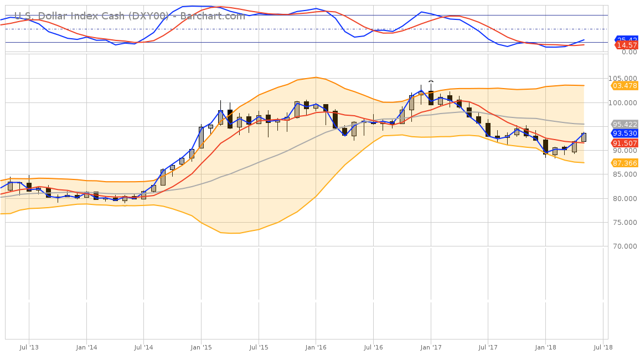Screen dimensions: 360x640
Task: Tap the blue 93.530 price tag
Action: point(624,133)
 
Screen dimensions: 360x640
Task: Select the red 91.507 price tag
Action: point(624,143)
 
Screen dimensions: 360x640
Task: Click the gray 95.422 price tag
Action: point(624,124)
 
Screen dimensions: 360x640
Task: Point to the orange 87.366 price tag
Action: point(624,163)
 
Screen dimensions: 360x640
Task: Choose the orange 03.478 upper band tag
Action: point(624,85)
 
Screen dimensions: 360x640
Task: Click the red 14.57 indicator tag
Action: point(627,45)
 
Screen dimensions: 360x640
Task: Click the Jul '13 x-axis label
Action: point(29,347)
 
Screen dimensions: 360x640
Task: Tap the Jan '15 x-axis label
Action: point(201,347)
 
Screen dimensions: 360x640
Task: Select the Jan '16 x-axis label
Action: point(316,347)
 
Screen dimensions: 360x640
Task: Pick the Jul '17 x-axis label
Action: point(488,347)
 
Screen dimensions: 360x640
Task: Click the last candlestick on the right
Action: point(584,137)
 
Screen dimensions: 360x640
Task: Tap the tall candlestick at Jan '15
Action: point(201,137)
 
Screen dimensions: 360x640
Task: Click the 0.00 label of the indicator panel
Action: point(628,52)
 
